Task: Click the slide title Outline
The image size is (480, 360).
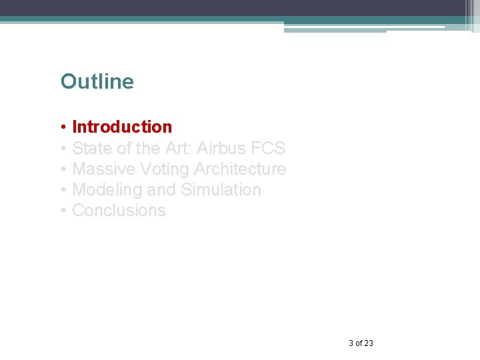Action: pos(97,81)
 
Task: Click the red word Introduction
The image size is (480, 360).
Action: pos(122,127)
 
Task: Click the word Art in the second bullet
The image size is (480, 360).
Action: pos(177,148)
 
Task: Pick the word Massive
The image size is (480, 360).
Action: pos(103,169)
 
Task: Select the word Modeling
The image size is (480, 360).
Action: pos(107,190)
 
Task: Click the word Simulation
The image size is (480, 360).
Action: pos(221,190)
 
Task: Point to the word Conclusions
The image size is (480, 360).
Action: pos(119,211)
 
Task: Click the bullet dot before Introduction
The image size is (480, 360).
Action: pos(63,127)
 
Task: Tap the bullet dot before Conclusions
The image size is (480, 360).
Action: pos(63,211)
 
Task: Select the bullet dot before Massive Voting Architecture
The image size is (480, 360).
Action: pos(63,170)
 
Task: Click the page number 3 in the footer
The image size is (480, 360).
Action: pos(351,343)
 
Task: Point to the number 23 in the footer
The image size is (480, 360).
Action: pos(369,343)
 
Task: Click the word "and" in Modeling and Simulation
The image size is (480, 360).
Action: pos(161,190)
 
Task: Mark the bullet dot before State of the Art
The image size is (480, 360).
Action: pos(63,149)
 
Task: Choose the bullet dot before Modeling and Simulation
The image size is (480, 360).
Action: pos(63,191)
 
